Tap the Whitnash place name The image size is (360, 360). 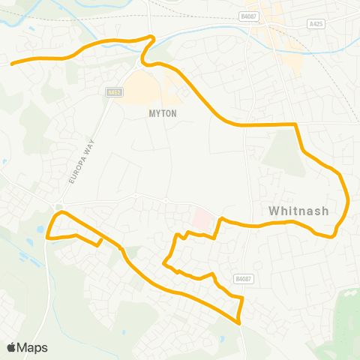point(298,211)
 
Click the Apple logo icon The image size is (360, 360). point(12,347)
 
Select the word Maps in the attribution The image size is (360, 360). point(32,347)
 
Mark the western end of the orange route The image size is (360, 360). point(11,64)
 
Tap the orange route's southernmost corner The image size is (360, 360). point(238,323)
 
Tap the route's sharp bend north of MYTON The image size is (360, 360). point(152,37)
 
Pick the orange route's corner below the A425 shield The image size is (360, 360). point(297,124)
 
